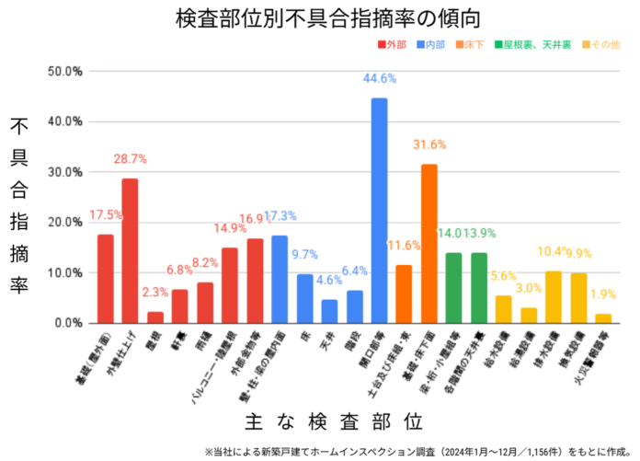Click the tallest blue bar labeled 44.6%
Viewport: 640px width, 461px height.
pyautogui.click(x=379, y=211)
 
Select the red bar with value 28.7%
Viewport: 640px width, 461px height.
pyautogui.click(x=130, y=250)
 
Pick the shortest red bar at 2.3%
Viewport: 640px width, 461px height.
pyautogui.click(x=155, y=317)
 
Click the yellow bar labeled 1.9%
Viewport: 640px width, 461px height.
pyautogui.click(x=603, y=318)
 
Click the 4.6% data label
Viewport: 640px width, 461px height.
pyautogui.click(x=328, y=281)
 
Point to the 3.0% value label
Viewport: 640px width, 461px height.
pyautogui.click(x=529, y=289)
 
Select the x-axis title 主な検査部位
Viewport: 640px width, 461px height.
pyautogui.click(x=335, y=422)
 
